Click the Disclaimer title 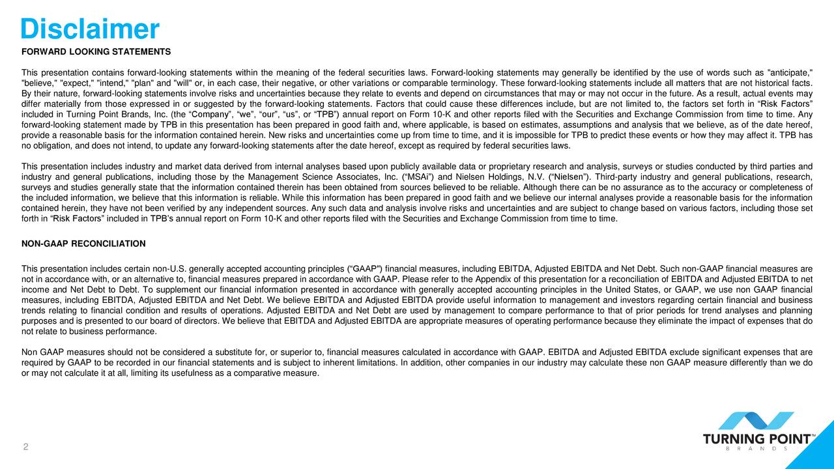tap(90, 29)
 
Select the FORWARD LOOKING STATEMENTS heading tap(96, 51)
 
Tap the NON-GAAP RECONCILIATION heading tap(83, 244)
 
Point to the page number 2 tap(25, 447)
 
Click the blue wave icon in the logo tap(760, 420)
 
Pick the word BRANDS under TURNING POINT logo tap(758, 448)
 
